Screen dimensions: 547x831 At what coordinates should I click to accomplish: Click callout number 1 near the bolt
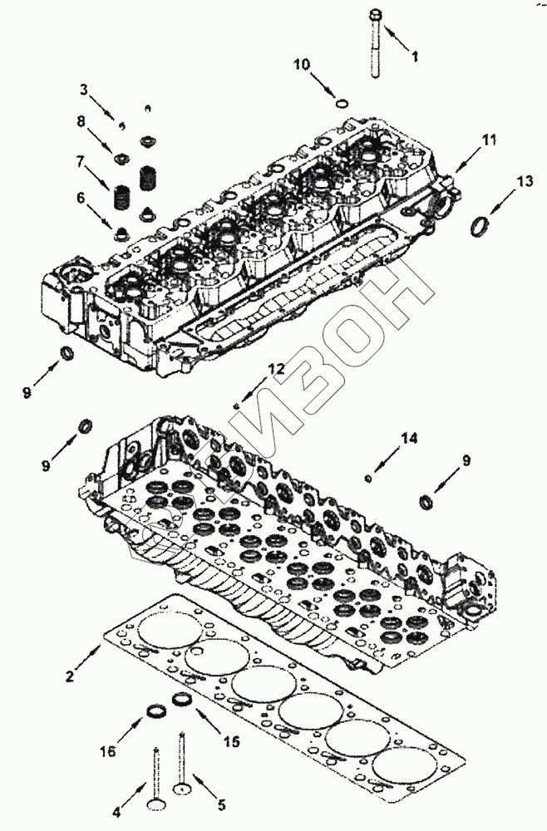click(416, 57)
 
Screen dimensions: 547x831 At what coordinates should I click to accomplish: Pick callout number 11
click(489, 140)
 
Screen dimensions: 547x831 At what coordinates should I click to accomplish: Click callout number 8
click(81, 121)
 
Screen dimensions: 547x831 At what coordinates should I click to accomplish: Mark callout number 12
click(276, 368)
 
